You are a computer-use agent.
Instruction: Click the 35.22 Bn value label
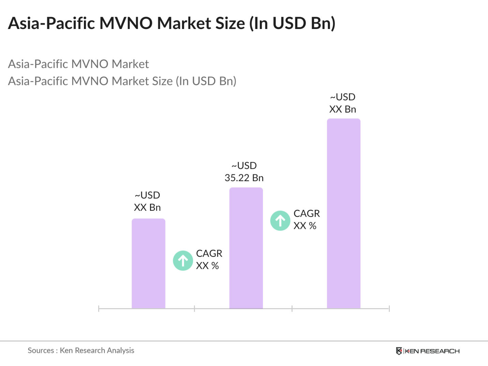click(x=244, y=178)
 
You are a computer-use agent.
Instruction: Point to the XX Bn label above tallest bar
click(x=342, y=109)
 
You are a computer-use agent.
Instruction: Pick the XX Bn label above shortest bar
click(x=147, y=207)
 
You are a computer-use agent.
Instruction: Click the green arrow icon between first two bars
click(x=183, y=261)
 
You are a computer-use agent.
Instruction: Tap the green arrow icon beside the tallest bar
click(x=280, y=221)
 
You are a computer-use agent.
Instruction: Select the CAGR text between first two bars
click(x=209, y=253)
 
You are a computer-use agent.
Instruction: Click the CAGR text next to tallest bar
click(x=307, y=214)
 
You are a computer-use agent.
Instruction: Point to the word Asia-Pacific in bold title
click(x=51, y=23)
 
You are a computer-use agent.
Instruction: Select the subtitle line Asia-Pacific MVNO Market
click(x=78, y=64)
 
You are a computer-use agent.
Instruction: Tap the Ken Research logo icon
click(x=399, y=351)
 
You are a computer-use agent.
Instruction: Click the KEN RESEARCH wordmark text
click(x=432, y=351)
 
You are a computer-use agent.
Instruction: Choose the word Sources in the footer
click(x=41, y=350)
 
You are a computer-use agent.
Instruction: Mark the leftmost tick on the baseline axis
click(x=99, y=309)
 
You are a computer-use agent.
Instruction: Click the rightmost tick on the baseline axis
click(x=389, y=309)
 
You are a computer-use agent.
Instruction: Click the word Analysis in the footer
click(x=120, y=350)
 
